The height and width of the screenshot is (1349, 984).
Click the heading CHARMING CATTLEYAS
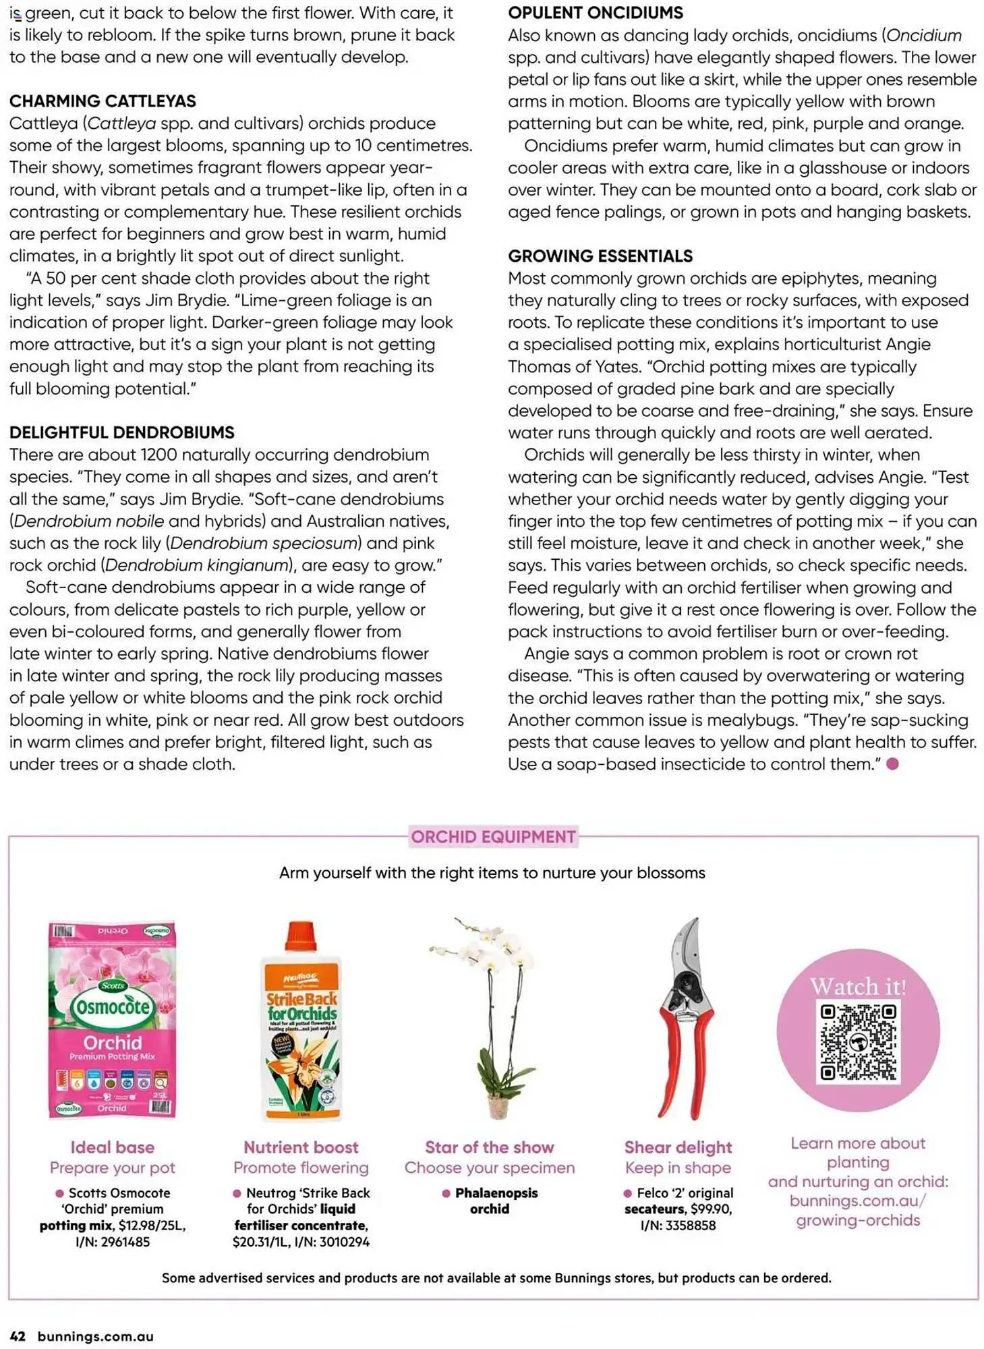pos(103,101)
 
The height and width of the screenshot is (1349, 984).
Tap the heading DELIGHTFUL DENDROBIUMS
pos(121,432)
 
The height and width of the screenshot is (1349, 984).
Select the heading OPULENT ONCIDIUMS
pos(595,13)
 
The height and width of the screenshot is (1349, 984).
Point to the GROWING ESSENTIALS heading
pos(600,256)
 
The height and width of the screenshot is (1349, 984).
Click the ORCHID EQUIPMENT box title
pos(493,837)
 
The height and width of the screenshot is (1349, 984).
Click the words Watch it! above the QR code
pos(858,987)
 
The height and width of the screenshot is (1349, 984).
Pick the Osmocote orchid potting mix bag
pos(112,1020)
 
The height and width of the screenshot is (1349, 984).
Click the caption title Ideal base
pos(113,1147)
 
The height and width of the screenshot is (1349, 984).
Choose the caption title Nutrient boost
pos(301,1147)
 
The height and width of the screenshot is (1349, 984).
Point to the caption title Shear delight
pos(678,1147)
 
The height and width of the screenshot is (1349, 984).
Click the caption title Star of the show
pos(489,1147)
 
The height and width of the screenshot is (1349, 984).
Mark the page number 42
pos(18,1336)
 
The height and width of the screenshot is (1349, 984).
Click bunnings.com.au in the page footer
pos(95,1336)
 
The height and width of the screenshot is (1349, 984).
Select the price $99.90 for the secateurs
pos(711,1209)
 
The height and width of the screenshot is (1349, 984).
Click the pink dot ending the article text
pos(892,764)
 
